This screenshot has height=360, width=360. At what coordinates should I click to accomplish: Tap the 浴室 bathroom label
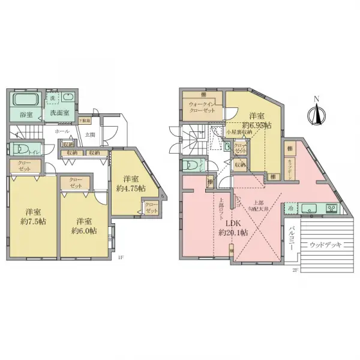[x=17, y=114]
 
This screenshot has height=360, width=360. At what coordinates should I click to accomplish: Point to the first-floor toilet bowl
[x=20, y=149]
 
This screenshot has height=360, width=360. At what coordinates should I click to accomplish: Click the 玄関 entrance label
[x=89, y=134]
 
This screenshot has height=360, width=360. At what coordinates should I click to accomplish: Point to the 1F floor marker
[x=121, y=258]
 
